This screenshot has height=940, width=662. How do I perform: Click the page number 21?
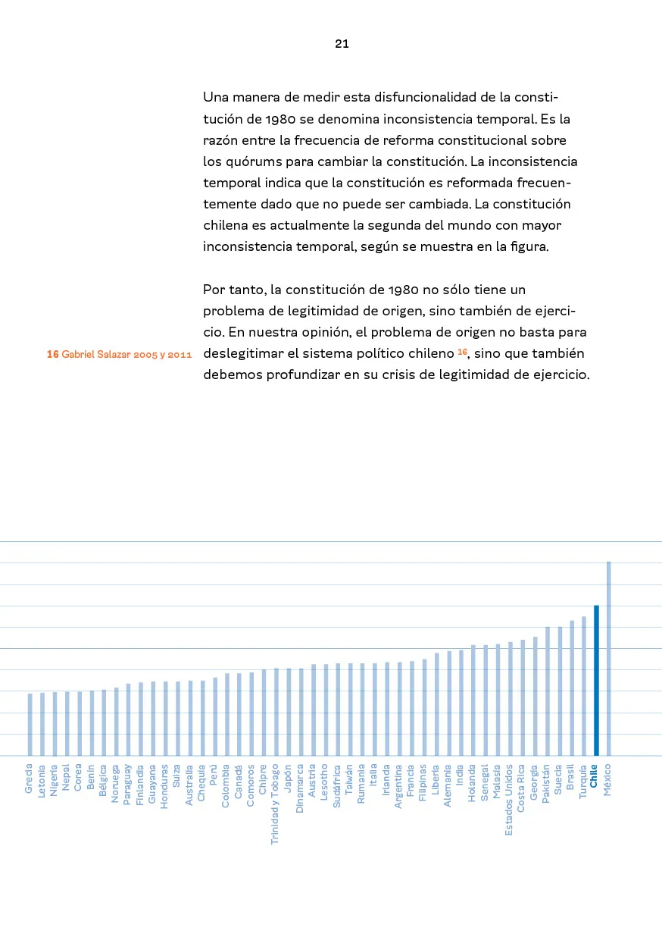(x=342, y=44)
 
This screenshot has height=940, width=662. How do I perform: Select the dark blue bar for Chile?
(x=596, y=680)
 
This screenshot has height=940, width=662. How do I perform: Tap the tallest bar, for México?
(x=608, y=658)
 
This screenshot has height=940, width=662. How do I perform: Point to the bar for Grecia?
(x=30, y=724)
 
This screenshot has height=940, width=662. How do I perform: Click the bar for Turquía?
(x=584, y=685)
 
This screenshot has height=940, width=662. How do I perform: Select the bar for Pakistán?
(x=547, y=691)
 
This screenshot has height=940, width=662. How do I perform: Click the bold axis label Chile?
(x=594, y=777)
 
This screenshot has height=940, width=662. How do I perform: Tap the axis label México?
(x=607, y=780)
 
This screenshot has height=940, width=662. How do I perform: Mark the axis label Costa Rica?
(x=521, y=788)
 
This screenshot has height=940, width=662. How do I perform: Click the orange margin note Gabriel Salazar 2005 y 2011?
(x=119, y=354)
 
